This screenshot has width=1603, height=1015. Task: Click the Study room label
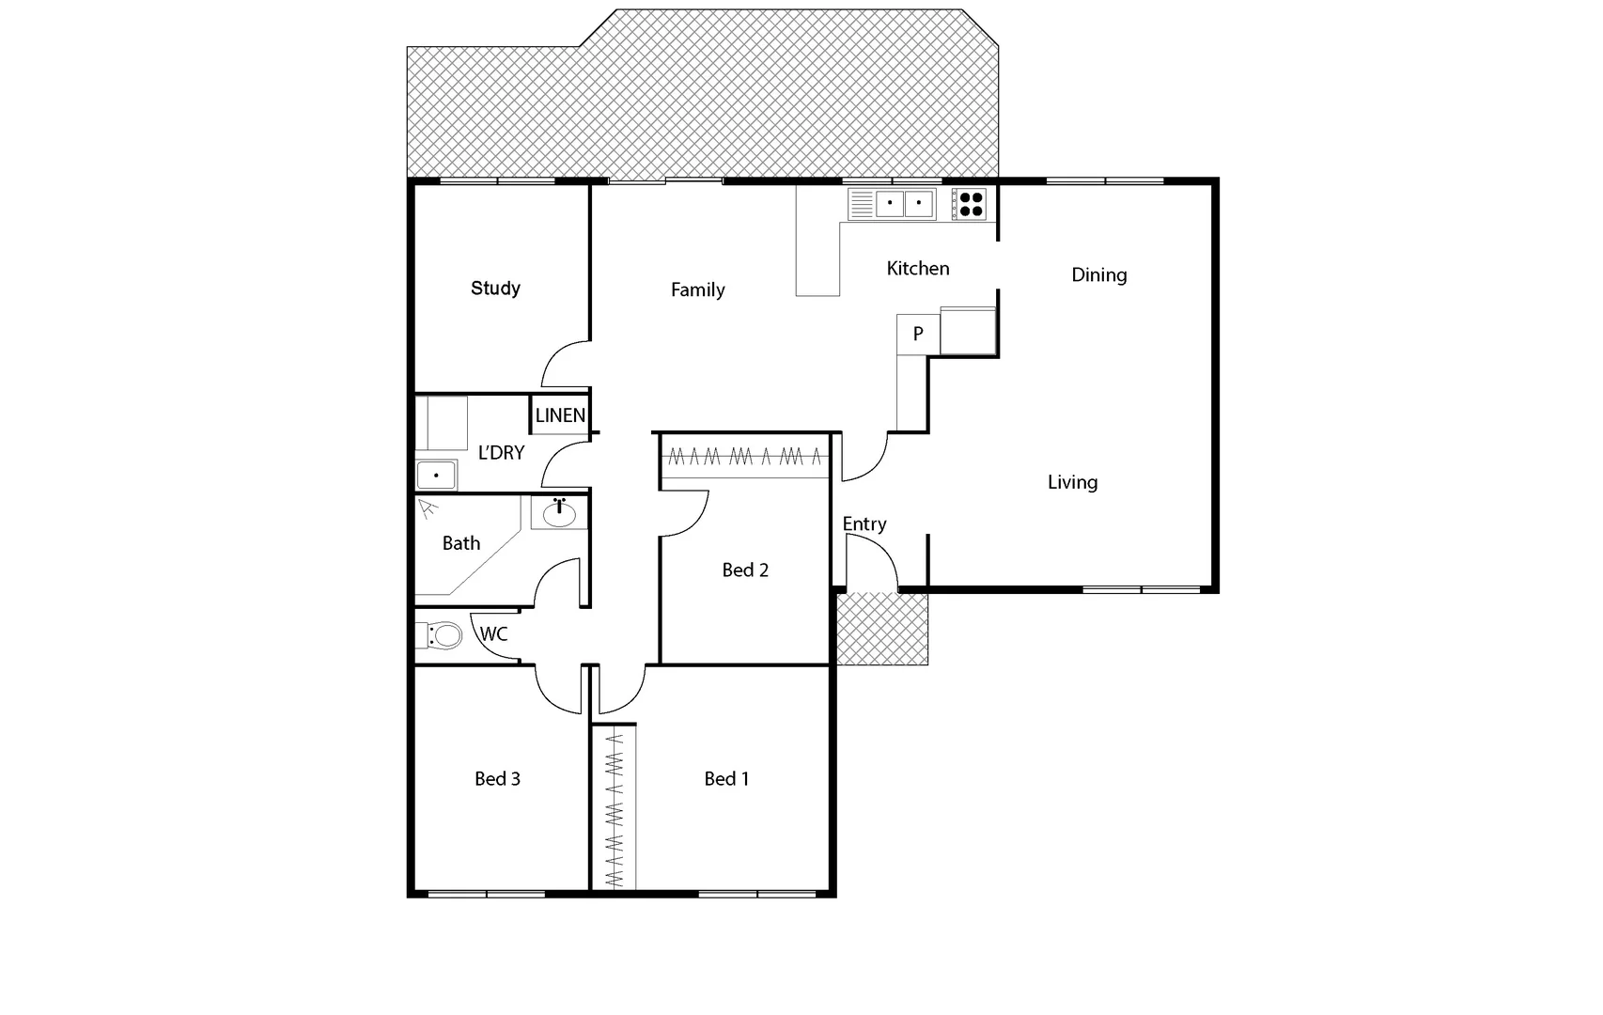point(495,289)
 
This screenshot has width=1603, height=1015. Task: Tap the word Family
point(697,290)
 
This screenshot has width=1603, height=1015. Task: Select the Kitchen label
point(918,269)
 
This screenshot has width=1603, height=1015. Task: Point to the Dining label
point(1098,275)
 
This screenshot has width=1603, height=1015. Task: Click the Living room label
point(1072,482)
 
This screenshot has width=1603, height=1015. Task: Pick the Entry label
point(864,524)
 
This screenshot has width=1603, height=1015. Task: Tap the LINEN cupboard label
point(560,415)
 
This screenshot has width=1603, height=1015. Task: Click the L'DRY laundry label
point(501,453)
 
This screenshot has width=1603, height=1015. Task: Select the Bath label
point(460,543)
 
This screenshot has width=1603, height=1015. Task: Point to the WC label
point(493,634)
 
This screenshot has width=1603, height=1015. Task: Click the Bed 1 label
point(726,779)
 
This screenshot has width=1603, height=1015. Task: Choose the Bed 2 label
point(745,570)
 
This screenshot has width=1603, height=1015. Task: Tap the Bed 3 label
point(497,779)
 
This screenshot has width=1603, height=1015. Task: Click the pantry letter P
point(918,334)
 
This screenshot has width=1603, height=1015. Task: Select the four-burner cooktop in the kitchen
point(971,204)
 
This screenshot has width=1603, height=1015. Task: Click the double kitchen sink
point(903,203)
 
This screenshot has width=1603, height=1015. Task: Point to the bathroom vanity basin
point(559,513)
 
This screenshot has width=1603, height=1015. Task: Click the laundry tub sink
point(436,476)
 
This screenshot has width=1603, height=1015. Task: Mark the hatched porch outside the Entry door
point(882,629)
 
